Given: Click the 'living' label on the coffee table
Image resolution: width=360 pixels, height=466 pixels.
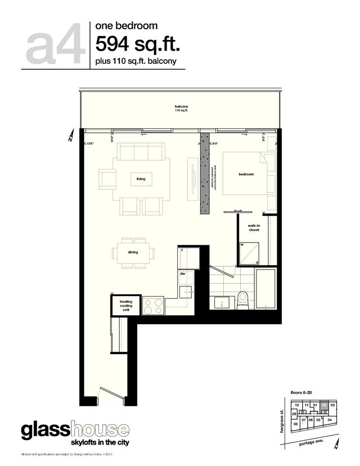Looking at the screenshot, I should [141, 179].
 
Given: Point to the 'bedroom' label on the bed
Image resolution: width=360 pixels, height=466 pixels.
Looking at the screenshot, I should [246, 174].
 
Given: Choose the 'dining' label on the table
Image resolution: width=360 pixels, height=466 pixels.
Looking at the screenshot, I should [133, 252].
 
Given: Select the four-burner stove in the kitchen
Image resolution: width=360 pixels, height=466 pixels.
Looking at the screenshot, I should [153, 306].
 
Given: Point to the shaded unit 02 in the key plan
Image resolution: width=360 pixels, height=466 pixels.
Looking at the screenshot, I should [325, 405].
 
